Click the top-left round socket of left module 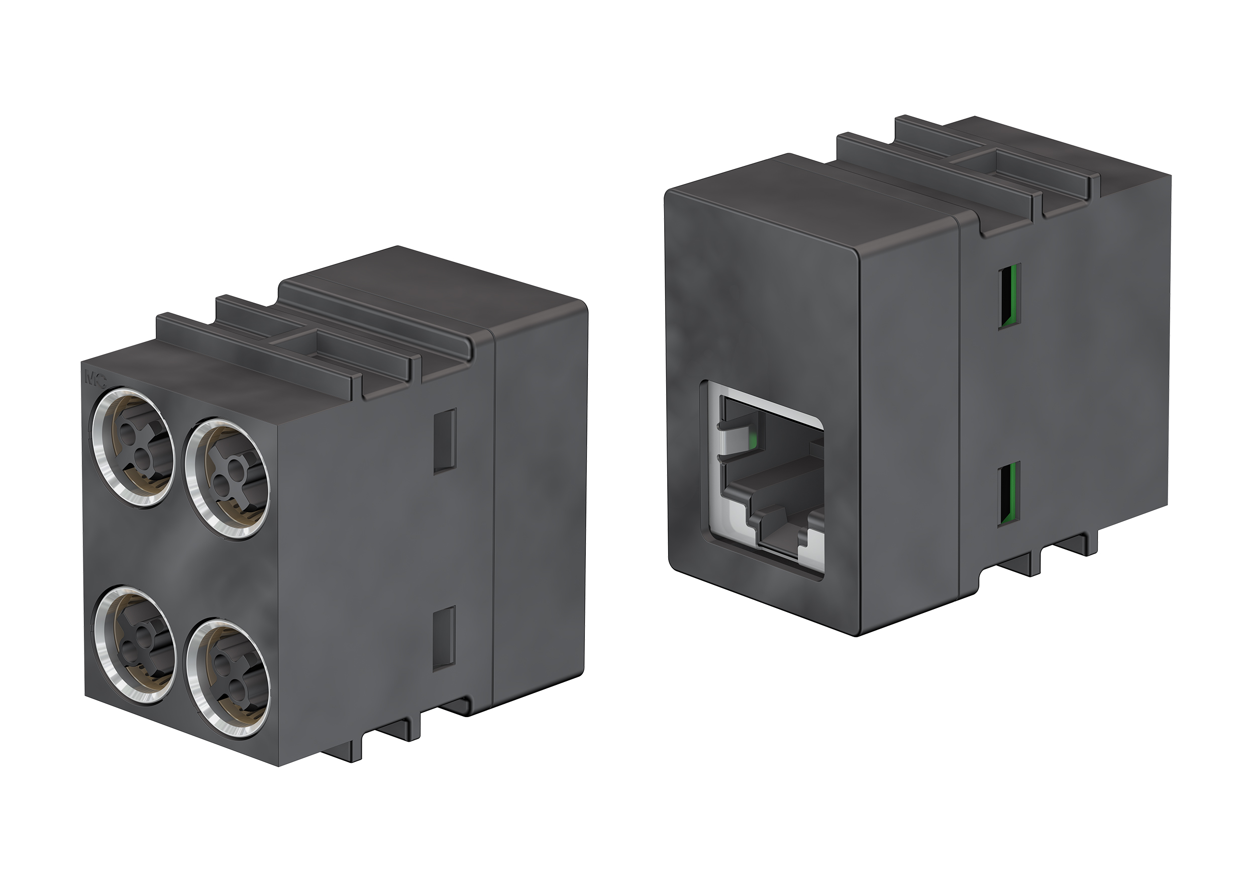(x=132, y=447)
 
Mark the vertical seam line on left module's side (x=493, y=516)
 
